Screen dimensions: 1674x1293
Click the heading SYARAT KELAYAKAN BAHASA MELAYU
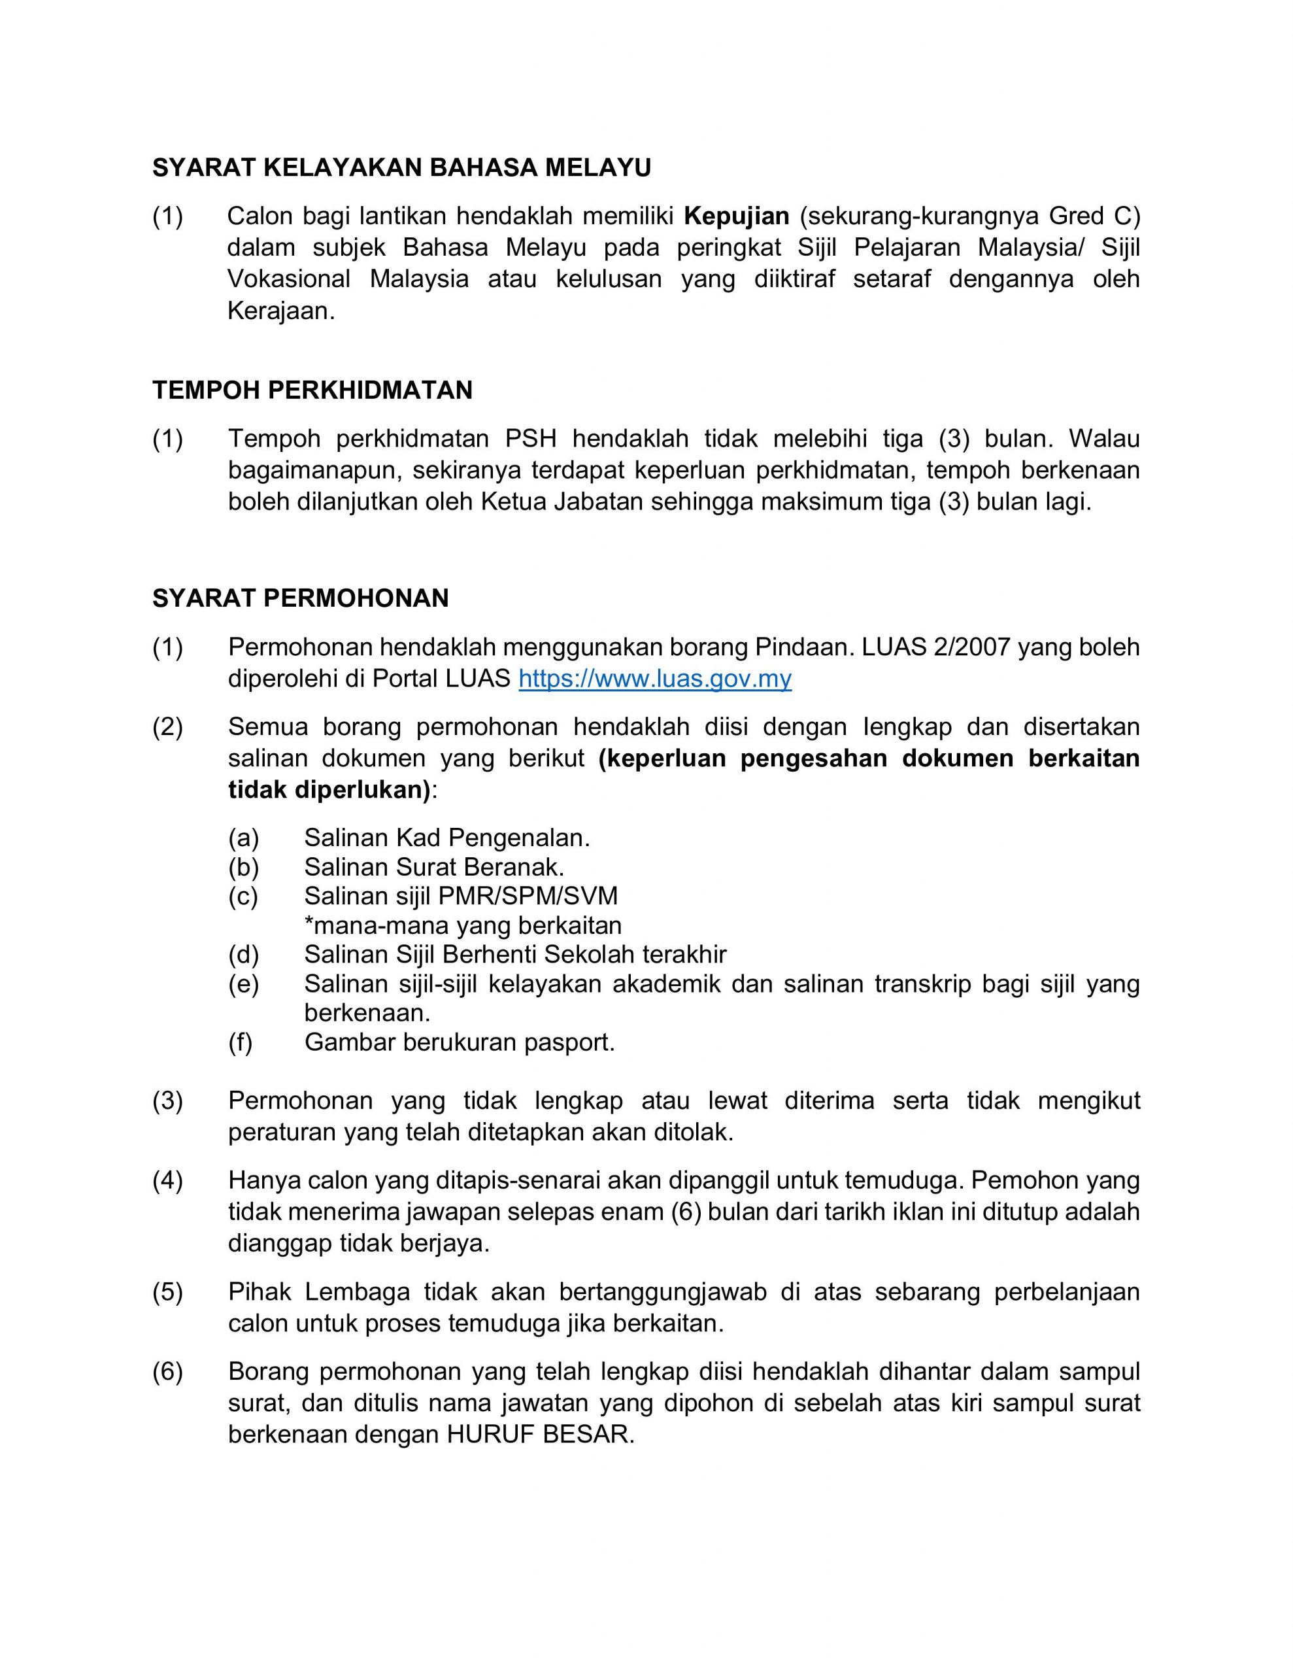point(401,168)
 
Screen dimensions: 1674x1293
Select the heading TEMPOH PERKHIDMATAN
point(312,390)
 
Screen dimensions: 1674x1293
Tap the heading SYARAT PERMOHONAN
point(301,598)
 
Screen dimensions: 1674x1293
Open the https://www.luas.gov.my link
point(654,679)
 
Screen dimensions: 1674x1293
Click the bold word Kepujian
point(736,217)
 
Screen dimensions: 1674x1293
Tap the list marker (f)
point(240,1042)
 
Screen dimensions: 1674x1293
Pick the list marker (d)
point(244,954)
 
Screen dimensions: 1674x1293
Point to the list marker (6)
point(168,1371)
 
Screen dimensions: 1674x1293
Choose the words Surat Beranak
point(480,867)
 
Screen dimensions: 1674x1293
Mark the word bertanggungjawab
point(663,1291)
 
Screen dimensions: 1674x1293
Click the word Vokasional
point(289,279)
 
